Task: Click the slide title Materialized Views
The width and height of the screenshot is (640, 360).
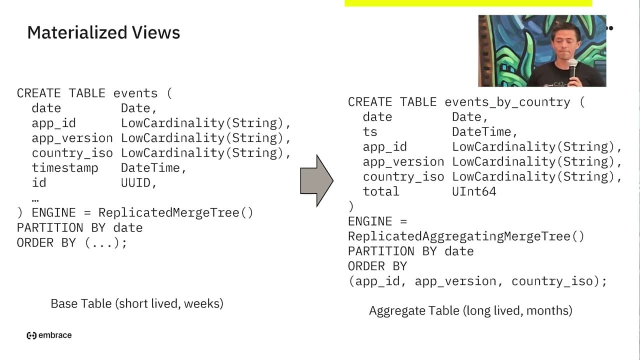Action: tap(103, 32)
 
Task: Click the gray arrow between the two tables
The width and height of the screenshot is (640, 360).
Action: tap(316, 180)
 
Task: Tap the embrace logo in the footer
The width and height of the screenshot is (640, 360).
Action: tap(49, 335)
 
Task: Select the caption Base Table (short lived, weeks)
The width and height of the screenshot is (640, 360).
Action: tap(137, 303)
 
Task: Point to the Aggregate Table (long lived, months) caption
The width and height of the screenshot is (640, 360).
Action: tap(470, 310)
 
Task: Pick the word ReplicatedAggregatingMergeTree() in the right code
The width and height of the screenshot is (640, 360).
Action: tap(466, 236)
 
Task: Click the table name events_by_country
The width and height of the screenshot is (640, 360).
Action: tap(507, 102)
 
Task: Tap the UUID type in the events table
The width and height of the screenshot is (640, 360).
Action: tap(135, 183)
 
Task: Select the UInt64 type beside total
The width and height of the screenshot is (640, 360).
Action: tap(474, 191)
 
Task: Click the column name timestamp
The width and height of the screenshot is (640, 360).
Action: tap(65, 168)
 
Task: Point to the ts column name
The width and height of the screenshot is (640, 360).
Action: tap(370, 132)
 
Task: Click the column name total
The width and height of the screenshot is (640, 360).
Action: tap(381, 191)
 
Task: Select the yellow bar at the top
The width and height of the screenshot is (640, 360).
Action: tap(468, 3)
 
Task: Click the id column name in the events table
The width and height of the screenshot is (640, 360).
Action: tap(39, 183)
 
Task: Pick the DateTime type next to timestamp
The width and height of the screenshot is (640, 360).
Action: tap(150, 168)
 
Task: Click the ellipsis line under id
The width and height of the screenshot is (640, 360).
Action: tap(35, 200)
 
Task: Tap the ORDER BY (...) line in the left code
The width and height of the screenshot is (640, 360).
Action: tap(71, 243)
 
